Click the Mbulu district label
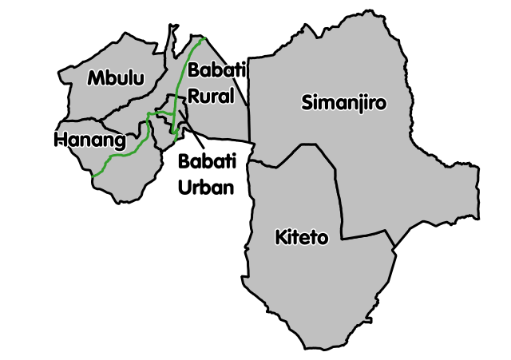click(x=116, y=78)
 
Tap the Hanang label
click(x=90, y=141)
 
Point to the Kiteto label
click(x=301, y=238)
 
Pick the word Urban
click(x=205, y=188)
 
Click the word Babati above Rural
click(x=216, y=71)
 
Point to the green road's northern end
click(x=204, y=38)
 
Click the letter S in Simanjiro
click(x=307, y=102)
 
